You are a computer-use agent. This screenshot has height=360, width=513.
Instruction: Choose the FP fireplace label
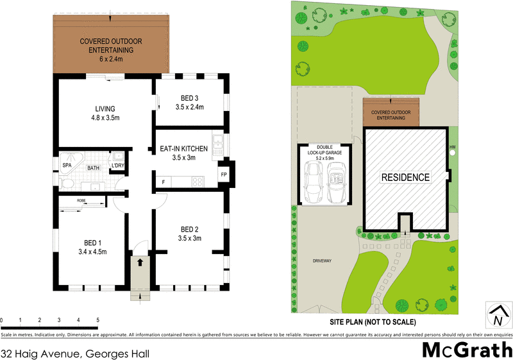pos(224,175)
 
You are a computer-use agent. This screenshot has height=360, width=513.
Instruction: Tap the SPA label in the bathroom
pos(67,165)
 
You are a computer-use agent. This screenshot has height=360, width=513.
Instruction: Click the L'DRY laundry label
pos(117,166)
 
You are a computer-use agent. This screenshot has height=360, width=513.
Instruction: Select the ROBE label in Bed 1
pos(81,201)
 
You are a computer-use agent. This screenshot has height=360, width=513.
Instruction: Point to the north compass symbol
pos(498,315)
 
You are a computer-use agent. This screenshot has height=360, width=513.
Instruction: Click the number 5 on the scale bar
pos(97,319)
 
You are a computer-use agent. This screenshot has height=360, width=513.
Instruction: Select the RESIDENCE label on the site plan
pos(405,176)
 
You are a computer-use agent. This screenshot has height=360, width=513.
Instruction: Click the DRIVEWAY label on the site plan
pos(321,261)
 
